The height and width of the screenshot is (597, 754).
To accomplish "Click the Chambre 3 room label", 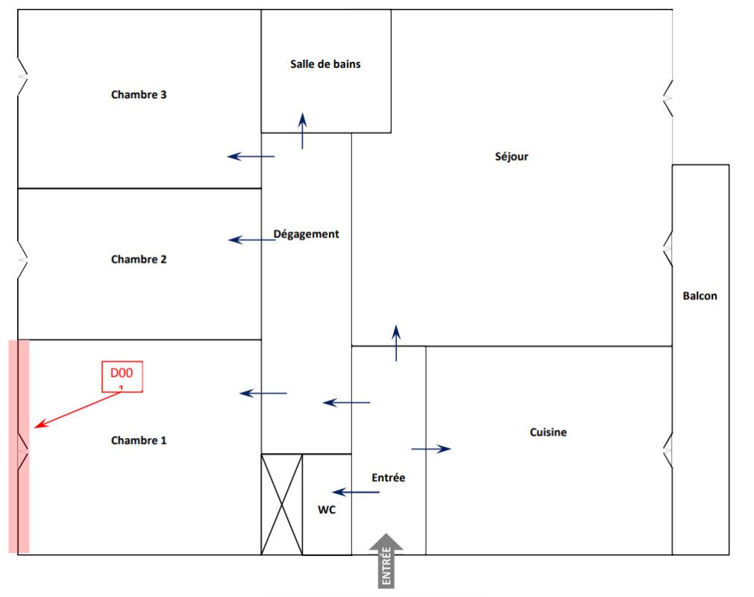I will point(139,95).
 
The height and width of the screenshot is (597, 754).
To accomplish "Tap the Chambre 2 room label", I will point(139,260).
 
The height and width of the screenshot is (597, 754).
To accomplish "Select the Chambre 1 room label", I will point(139,440).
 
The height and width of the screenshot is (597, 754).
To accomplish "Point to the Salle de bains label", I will point(325,64).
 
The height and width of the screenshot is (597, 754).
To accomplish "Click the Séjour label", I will point(512,157).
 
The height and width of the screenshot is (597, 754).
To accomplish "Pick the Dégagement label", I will point(306,234).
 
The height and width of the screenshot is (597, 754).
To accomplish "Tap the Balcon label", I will point(700,296).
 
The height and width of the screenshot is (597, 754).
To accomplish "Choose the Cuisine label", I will point(548,432).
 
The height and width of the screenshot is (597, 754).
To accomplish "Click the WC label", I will point(326,510).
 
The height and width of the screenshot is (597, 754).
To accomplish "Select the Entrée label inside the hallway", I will point(389,478).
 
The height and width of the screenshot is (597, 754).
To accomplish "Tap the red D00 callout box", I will point(122,376).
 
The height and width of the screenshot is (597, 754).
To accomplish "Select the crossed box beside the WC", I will point(282,504).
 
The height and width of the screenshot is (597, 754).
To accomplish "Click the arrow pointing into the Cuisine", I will point(431,448).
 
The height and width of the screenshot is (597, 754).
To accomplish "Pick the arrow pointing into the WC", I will point(351,493).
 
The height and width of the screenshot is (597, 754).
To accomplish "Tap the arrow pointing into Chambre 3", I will point(251,157).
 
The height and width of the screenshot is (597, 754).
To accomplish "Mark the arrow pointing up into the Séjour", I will point(396,343).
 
